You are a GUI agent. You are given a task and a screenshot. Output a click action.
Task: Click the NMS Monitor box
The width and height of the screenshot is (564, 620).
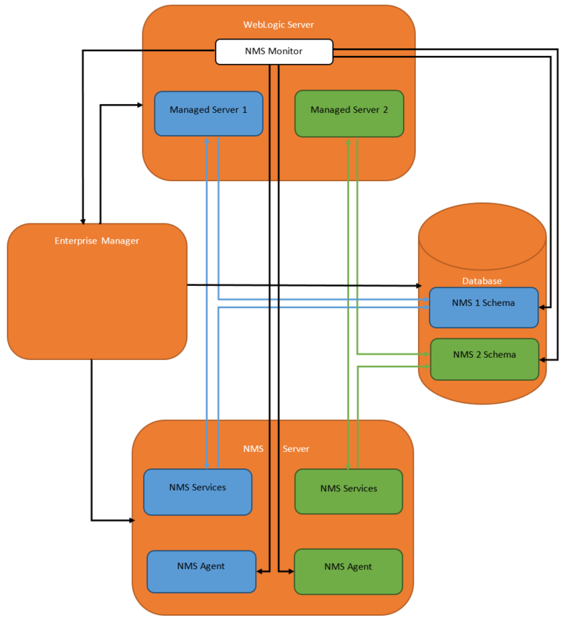pos(274,52)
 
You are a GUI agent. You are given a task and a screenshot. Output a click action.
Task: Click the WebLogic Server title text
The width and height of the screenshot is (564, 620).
pos(278,24)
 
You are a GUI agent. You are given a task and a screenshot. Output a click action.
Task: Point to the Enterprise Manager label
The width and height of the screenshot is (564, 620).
pos(97,241)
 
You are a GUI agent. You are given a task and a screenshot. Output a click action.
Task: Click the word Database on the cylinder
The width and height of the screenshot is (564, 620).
pos(482,281)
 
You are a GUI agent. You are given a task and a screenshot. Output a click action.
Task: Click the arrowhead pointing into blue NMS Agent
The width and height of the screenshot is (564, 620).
pos(260,571)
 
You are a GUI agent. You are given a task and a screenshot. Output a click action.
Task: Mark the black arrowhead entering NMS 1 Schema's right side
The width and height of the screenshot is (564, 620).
pos(542,307)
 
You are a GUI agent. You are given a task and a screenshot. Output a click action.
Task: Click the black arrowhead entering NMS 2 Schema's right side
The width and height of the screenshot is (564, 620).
pos(542,358)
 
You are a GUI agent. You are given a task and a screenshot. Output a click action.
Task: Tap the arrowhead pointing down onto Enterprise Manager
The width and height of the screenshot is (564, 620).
pos(83,220)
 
